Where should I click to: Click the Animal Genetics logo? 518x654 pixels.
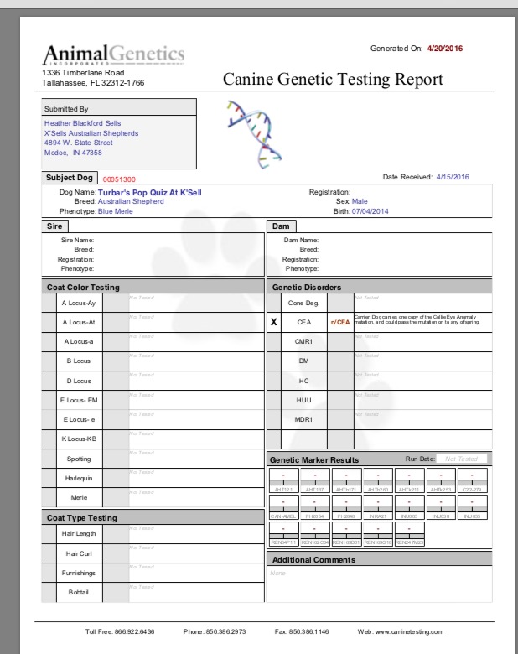point(113,54)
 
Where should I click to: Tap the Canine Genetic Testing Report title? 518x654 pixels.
point(332,80)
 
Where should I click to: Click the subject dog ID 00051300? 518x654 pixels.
point(119,179)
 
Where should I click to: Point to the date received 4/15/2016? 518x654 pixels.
point(453,177)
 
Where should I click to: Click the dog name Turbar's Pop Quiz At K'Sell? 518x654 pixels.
point(150,192)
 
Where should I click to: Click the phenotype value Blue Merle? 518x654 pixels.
point(116,211)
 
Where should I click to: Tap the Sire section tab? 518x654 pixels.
point(55,226)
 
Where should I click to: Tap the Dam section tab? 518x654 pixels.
point(280,226)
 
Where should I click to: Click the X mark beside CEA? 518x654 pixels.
point(274,321)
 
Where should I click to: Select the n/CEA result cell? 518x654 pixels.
point(339,321)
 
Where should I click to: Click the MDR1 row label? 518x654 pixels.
point(303,419)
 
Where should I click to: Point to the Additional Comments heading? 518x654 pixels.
point(313,559)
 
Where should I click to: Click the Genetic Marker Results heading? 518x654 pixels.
point(314,459)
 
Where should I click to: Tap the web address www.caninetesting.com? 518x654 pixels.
point(412,631)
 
